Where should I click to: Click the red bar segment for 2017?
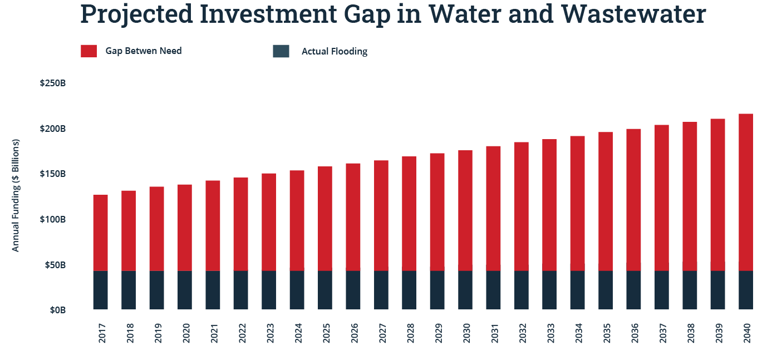coord(100,233)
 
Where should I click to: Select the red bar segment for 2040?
coord(746,192)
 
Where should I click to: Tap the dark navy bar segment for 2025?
coord(325,290)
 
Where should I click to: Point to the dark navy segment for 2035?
coord(606,290)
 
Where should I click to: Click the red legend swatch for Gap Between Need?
coord(88,51)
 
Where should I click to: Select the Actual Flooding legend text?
coord(334,52)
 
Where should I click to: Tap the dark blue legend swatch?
coord(281,51)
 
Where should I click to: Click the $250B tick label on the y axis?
coord(53,83)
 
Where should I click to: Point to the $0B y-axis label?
coord(57,310)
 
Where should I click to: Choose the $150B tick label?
coord(53,174)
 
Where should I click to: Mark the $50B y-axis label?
coord(55,265)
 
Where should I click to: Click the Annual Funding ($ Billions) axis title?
coord(16,195)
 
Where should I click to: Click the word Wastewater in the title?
coord(633,14)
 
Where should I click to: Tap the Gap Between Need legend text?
coord(144,51)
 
